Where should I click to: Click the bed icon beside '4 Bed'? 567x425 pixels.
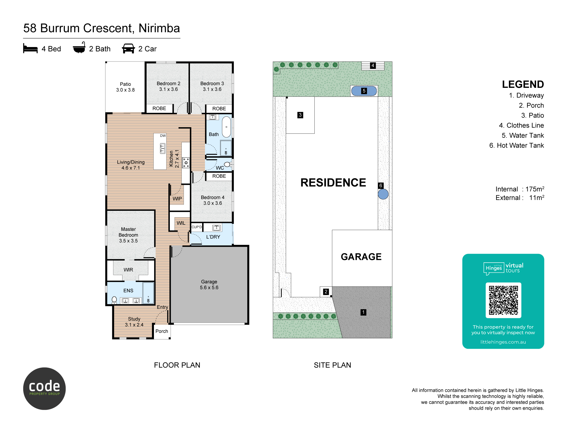(x=30, y=48)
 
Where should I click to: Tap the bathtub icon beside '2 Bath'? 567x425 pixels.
(x=79, y=48)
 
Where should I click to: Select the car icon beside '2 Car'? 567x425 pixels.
(x=128, y=48)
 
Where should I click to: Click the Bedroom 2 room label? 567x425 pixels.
(x=168, y=86)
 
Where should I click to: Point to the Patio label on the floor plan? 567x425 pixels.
(x=125, y=87)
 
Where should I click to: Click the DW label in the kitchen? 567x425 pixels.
(x=163, y=136)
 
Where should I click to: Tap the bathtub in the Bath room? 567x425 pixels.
(x=226, y=127)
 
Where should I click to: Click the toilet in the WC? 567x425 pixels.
(x=228, y=164)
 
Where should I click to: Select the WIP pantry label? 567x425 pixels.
(x=177, y=199)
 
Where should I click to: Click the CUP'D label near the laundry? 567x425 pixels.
(x=197, y=227)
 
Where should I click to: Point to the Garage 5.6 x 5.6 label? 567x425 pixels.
(x=209, y=285)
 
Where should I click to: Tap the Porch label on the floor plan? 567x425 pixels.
(x=162, y=331)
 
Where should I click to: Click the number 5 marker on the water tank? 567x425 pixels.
(x=364, y=91)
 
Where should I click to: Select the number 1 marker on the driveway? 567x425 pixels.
(x=363, y=312)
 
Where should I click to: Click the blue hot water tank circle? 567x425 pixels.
(x=383, y=194)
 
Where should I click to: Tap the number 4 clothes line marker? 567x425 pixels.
(x=373, y=65)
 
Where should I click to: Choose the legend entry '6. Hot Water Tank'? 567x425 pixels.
(x=517, y=145)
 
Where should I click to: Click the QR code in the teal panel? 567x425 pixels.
(x=503, y=300)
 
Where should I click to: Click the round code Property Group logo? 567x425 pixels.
(x=45, y=388)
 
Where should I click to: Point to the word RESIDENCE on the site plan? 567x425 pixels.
(x=333, y=182)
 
